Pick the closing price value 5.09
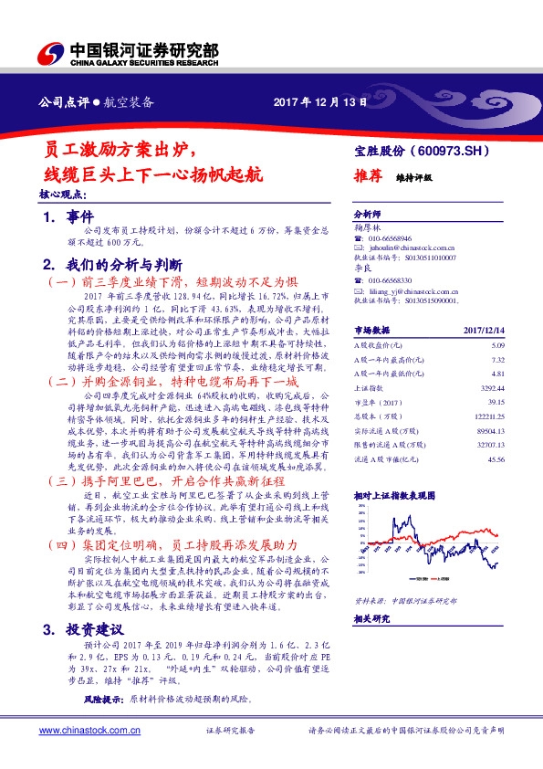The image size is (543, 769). [x=497, y=345]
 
